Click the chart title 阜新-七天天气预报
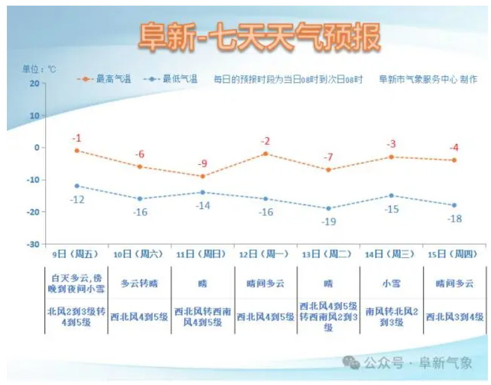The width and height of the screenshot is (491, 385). coord(259,38)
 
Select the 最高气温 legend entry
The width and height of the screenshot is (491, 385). coord(105,80)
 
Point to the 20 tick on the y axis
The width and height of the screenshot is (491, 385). coord(34,83)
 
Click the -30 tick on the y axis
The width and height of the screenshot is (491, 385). coord(33,244)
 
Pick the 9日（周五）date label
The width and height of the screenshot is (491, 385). coord(76,254)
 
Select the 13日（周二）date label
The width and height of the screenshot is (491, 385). coord(328,254)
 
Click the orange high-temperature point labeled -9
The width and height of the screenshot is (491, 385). coord(202,177)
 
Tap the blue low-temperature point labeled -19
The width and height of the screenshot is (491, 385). coord(328,208)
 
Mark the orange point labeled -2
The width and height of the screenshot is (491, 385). coord(266,154)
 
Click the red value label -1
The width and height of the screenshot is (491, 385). coord(76,138)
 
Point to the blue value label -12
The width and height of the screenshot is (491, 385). coord(76,199)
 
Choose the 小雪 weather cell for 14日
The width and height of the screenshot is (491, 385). coord(391,283)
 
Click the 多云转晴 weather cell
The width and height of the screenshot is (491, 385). coord(139,283)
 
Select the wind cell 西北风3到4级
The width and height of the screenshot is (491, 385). coord(455,317)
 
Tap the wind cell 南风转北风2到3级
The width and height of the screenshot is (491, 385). coord(391,317)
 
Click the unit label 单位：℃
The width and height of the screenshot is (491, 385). coord(39,69)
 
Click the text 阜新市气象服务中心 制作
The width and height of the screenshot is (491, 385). coord(427,80)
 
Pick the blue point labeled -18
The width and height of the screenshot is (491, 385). coord(454,205)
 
